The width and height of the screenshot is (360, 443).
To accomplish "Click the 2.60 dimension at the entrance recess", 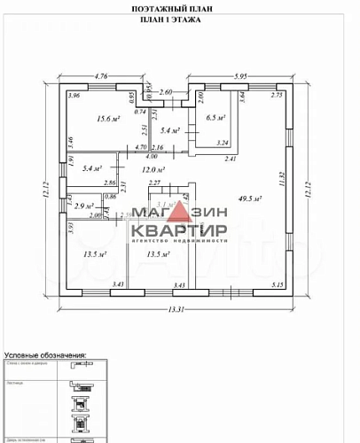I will click(166, 92).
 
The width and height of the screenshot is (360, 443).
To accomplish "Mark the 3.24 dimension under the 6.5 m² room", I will click(222, 143).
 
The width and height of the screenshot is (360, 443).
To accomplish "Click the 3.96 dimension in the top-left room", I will click(74, 96).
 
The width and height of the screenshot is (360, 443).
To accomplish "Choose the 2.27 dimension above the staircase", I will click(153, 183).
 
